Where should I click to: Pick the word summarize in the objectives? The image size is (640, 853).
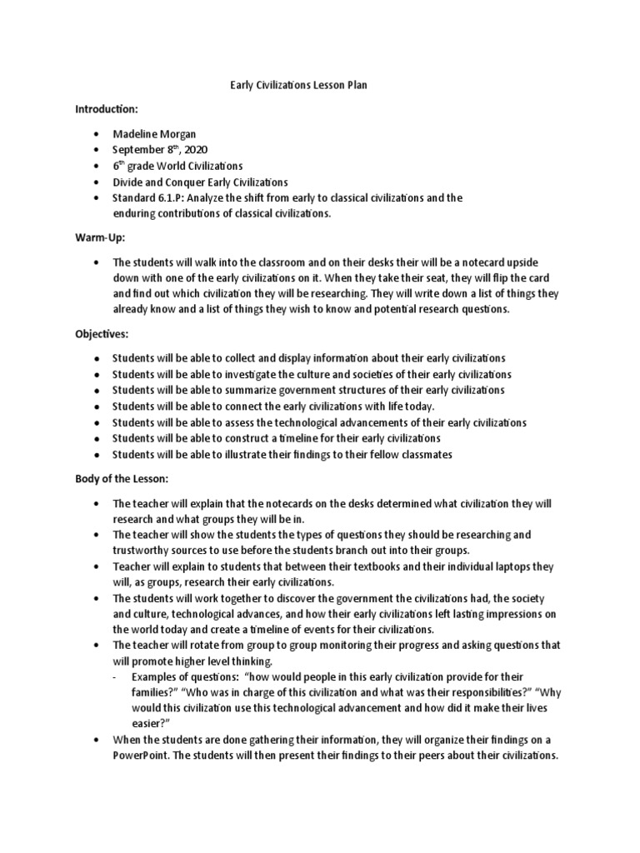(x=247, y=390)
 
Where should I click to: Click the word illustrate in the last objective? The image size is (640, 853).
(x=245, y=454)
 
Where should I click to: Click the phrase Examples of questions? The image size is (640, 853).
(x=178, y=677)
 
